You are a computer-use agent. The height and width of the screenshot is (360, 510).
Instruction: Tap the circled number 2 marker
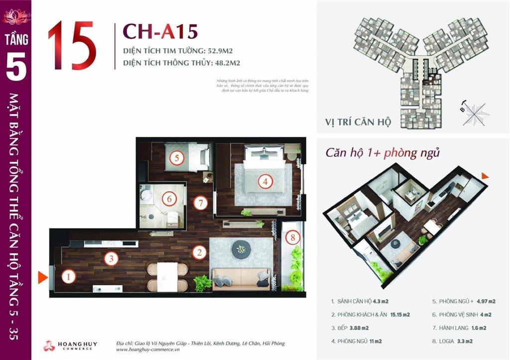[x=199, y=252]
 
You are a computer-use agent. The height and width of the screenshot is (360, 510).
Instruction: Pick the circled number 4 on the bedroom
[x=265, y=182]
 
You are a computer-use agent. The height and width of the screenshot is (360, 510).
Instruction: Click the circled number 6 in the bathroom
[x=169, y=199]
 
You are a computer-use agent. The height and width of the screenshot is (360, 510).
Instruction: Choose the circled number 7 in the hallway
[x=200, y=203]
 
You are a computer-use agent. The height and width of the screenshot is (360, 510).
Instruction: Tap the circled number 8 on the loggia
[x=293, y=238]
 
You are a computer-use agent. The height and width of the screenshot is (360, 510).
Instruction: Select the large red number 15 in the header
[x=72, y=46]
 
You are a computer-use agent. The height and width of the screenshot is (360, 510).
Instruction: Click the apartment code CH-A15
[x=160, y=31]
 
